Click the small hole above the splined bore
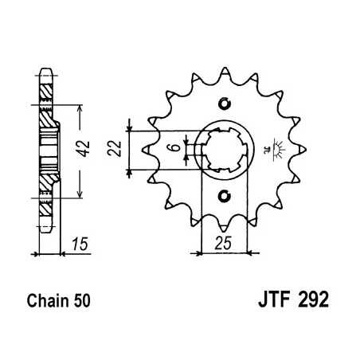coord(224,102)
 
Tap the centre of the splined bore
coord(224,149)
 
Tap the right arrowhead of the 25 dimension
coord(248,253)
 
